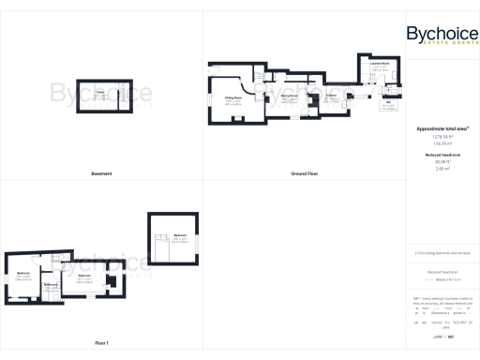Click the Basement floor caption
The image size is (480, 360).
click(100, 173)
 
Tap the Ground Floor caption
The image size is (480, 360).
click(303, 173)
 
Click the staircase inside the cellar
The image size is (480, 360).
click(121, 96)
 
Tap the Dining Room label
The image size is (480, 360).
click(290, 97)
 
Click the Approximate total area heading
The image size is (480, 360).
click(442, 127)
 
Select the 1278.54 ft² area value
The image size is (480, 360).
click(442, 136)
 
